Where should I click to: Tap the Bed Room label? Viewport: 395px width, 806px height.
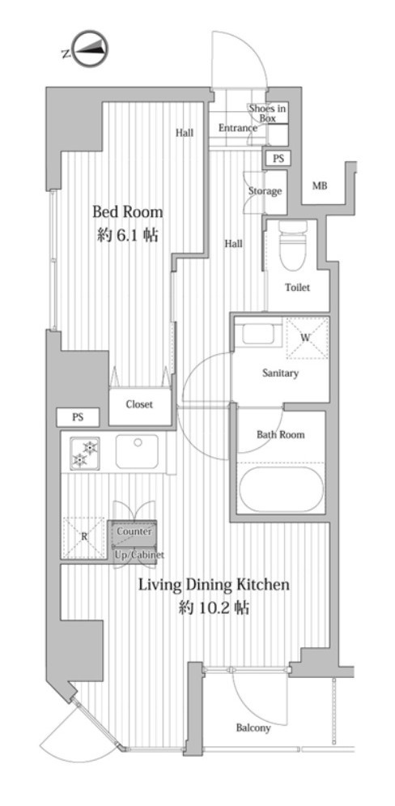pyautogui.click(x=127, y=211)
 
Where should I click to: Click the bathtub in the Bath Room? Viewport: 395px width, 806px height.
pyautogui.click(x=280, y=488)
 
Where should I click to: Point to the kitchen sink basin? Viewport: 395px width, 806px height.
pyautogui.click(x=137, y=451)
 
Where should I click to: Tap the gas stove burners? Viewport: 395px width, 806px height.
pyautogui.click(x=85, y=452)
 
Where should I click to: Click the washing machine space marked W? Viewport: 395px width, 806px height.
pyautogui.click(x=306, y=338)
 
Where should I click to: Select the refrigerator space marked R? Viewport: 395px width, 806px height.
pyautogui.click(x=84, y=537)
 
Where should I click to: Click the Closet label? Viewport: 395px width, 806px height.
pyautogui.click(x=139, y=404)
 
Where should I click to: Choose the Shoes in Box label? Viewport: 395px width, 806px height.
pyautogui.click(x=267, y=113)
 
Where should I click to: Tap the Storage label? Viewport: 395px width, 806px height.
pyautogui.click(x=265, y=191)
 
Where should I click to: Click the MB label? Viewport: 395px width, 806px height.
pyautogui.click(x=320, y=186)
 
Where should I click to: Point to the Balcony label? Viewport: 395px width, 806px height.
pyautogui.click(x=253, y=728)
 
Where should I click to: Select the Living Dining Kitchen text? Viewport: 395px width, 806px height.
pyautogui.click(x=214, y=585)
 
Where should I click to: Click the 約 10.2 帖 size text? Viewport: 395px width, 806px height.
pyautogui.click(x=214, y=608)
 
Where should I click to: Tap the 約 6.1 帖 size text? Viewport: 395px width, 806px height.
pyautogui.click(x=127, y=235)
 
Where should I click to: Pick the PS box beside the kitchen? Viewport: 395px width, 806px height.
pyautogui.click(x=78, y=417)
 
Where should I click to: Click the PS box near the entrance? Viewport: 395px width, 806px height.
pyautogui.click(x=278, y=158)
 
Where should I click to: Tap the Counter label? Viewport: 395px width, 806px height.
pyautogui.click(x=134, y=531)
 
